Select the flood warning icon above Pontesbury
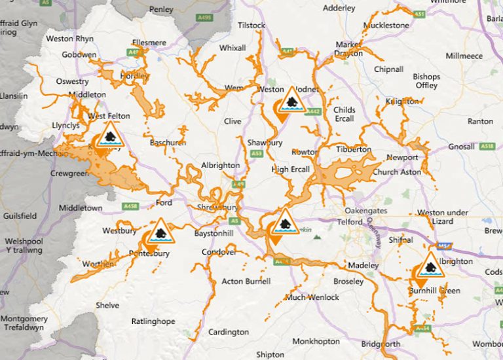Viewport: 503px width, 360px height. coord(159,232)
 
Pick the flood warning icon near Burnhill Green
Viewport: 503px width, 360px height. coord(430,266)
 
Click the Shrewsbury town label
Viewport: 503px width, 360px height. coord(217,207)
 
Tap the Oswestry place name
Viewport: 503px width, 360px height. coord(71,82)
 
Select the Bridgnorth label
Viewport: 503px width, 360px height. coord(381,344)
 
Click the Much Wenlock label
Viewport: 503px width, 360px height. coord(312,298)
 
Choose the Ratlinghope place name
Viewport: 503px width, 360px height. coord(153,321)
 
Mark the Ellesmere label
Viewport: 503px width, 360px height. coord(148,43)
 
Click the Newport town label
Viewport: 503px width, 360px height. coord(401,158)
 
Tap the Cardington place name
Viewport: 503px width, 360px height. coord(228,332)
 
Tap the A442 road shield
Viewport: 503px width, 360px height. coord(313,112)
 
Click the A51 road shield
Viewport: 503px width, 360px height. coord(419,13)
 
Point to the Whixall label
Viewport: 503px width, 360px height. coord(233,48)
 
